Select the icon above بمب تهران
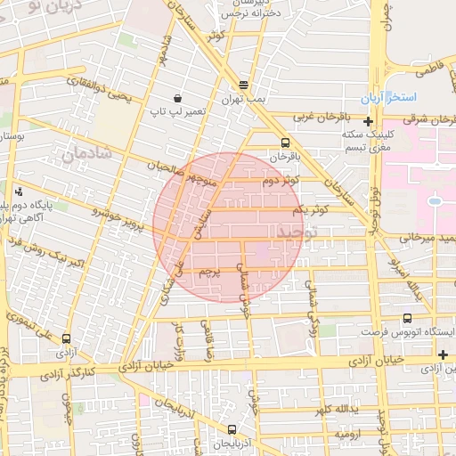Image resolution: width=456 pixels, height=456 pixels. [x=243, y=86]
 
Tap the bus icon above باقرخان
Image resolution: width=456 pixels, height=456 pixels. [x=285, y=142]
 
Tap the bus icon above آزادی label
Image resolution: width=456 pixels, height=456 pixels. [x=67, y=338]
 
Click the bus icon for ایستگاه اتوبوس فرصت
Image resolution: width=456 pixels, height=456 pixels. [x=408, y=318]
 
